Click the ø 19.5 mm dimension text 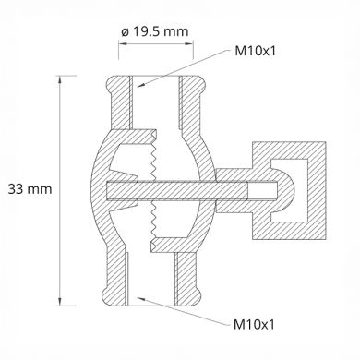(x=154, y=33)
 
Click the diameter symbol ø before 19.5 (x=124, y=33)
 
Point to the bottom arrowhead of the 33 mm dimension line (x=62, y=301)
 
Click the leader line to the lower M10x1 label (x=180, y=310)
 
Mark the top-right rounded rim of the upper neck (x=198, y=87)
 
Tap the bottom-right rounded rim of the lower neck (x=198, y=294)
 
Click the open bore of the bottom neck (x=154, y=282)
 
